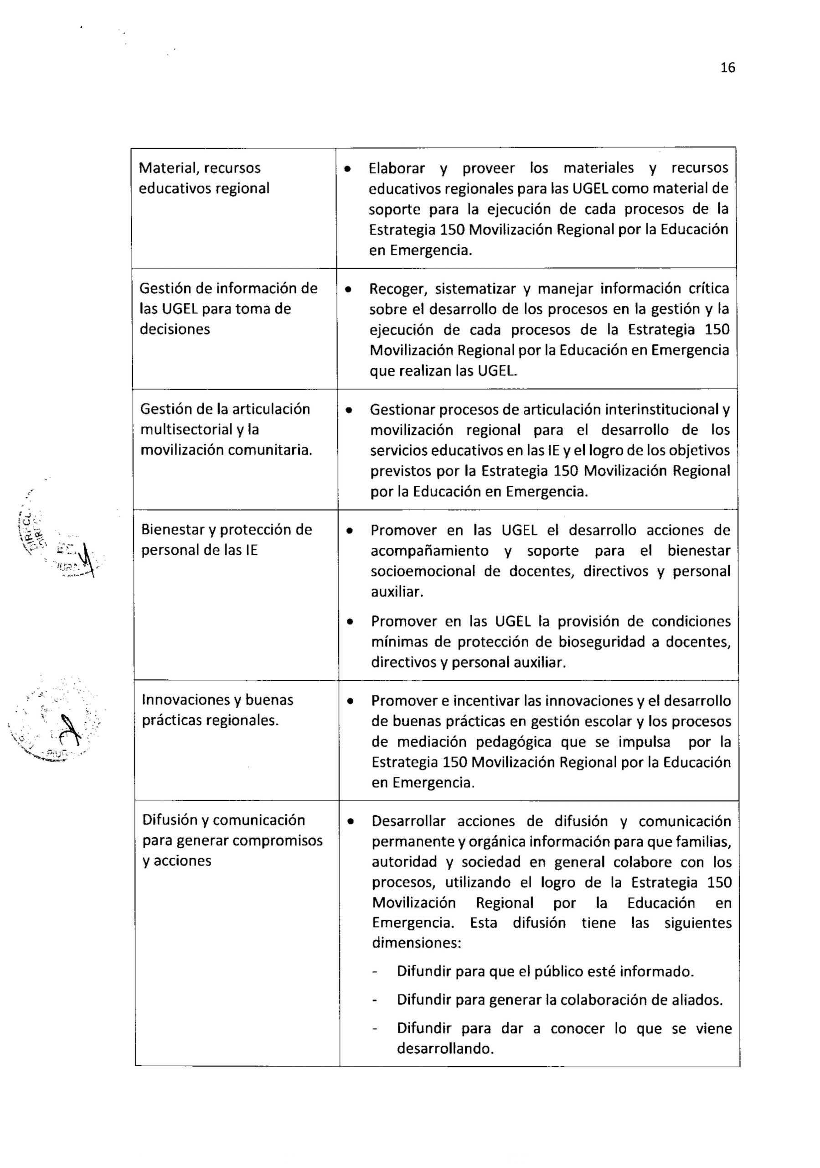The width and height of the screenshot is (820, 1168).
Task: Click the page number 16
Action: (727, 68)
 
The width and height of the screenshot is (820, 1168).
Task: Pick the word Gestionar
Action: (402, 410)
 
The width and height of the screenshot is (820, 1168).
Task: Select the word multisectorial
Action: (186, 430)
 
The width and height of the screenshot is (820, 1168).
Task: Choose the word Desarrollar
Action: (408, 821)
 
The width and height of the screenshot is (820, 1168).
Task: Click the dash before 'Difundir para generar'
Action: (375, 1001)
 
